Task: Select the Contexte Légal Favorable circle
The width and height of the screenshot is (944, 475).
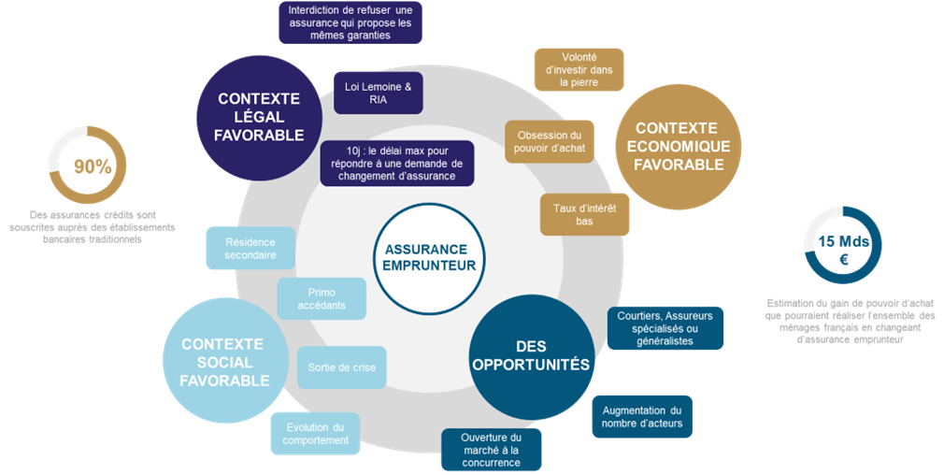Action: (x=260, y=117)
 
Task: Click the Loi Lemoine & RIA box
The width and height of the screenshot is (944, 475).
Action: (x=378, y=93)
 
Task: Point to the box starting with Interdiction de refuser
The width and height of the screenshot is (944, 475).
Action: (x=350, y=22)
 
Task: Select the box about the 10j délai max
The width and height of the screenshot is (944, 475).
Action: (x=396, y=163)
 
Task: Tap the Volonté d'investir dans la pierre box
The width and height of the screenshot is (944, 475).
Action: (x=579, y=69)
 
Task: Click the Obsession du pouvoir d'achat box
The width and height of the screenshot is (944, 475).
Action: (x=550, y=141)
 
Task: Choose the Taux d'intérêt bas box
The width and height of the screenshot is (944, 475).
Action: (x=584, y=214)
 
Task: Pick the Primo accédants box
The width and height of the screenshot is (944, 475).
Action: (x=322, y=298)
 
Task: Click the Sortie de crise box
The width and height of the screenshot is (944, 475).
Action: (x=341, y=367)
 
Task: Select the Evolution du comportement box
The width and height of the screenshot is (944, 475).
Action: (x=315, y=434)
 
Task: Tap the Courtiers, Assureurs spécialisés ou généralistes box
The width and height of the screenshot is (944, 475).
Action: (x=665, y=328)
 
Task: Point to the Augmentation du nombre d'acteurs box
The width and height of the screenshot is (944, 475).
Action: (x=641, y=416)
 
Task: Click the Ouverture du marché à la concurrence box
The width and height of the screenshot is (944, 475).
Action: (x=491, y=450)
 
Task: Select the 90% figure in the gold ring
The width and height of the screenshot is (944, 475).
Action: (x=93, y=166)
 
